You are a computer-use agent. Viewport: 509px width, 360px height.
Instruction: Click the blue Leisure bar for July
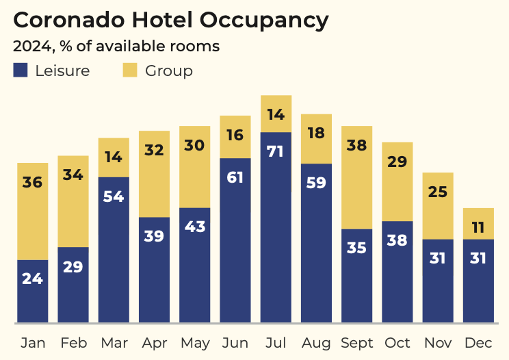[x=276, y=226]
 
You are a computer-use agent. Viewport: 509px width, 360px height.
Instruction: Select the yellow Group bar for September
[x=356, y=177]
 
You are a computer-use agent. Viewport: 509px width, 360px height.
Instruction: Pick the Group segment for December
[x=478, y=223]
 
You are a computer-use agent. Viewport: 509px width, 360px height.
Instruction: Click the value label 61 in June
[x=235, y=178]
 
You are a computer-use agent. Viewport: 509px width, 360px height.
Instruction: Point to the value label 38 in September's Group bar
[x=356, y=145]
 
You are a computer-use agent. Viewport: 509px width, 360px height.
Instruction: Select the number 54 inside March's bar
[x=114, y=196]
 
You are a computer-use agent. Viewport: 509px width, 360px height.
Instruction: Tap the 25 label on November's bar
[x=438, y=192]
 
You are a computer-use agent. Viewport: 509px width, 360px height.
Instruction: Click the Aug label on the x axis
[x=316, y=342]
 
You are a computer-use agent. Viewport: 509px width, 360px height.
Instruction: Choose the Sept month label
[x=356, y=342]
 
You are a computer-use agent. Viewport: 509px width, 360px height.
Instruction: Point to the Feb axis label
[x=73, y=342]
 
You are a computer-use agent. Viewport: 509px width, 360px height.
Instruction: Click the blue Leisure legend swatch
[x=21, y=70]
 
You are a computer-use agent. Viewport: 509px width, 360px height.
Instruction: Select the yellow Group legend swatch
[x=130, y=70]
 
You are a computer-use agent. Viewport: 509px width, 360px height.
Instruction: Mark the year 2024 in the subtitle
[x=29, y=47]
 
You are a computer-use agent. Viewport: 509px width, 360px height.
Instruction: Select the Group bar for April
[x=154, y=174]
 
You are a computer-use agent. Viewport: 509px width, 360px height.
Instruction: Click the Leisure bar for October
[x=397, y=271]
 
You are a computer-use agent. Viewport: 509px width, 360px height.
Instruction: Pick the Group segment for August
[x=316, y=138]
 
